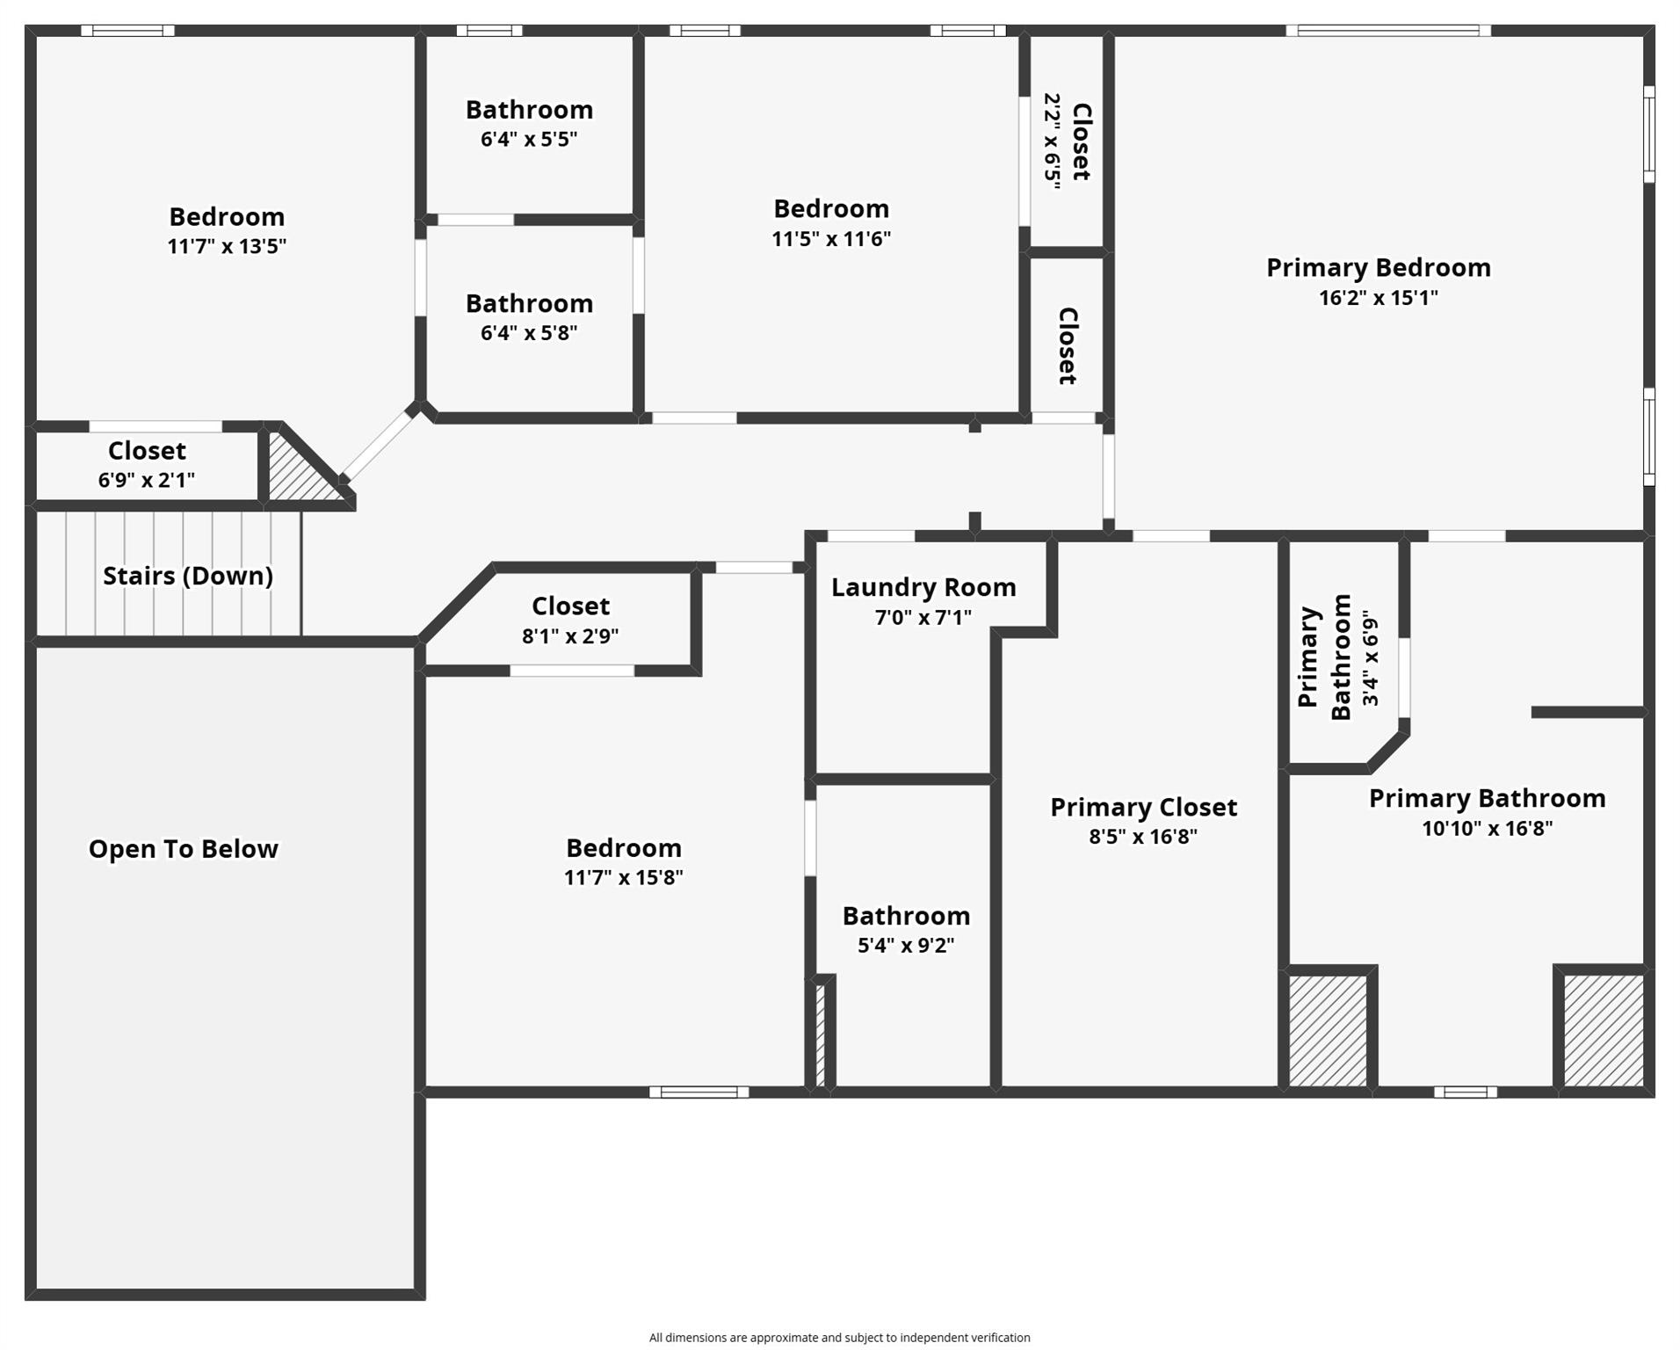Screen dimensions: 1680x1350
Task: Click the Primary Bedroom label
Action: [x=1378, y=268]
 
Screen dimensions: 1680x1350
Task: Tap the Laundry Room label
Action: [x=923, y=587]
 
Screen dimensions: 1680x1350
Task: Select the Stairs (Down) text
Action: [x=188, y=576]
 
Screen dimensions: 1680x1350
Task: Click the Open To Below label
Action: [x=184, y=849]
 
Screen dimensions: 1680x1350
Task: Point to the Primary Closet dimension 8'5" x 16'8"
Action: [x=1143, y=836]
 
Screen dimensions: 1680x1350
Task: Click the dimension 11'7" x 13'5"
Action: [x=227, y=246]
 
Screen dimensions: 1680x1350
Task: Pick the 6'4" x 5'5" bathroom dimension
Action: [x=529, y=139]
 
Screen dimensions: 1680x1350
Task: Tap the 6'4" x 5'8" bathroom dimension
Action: [x=529, y=333]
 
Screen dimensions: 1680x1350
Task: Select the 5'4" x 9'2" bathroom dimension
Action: [x=906, y=945]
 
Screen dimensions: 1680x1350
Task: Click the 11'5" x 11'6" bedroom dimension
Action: [x=831, y=239]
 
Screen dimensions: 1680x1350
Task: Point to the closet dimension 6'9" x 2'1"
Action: [x=147, y=480]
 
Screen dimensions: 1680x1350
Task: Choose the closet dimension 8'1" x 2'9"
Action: [x=570, y=635]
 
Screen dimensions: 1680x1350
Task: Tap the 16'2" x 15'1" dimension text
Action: [x=1378, y=298]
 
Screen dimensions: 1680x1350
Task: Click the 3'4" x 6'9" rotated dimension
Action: [x=1370, y=658]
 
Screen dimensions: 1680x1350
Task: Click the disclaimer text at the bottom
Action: [x=839, y=1338]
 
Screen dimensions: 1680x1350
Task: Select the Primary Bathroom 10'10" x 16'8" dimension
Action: [x=1487, y=828]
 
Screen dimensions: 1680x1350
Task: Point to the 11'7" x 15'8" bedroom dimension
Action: [x=623, y=877]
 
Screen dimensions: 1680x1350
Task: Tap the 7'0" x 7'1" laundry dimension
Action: [x=923, y=618]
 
